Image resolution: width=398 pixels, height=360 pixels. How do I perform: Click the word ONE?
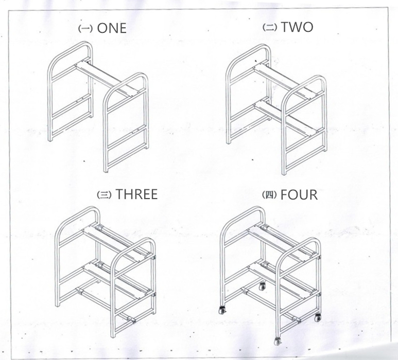(x=111, y=28)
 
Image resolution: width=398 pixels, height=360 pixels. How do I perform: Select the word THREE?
(x=136, y=194)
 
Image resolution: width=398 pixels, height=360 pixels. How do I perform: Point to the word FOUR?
(x=299, y=195)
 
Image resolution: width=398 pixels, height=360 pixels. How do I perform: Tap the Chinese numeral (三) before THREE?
(x=105, y=195)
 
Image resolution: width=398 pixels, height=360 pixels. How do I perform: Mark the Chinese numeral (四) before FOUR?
(x=269, y=195)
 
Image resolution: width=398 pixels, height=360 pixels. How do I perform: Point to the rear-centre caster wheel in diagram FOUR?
(x=262, y=286)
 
